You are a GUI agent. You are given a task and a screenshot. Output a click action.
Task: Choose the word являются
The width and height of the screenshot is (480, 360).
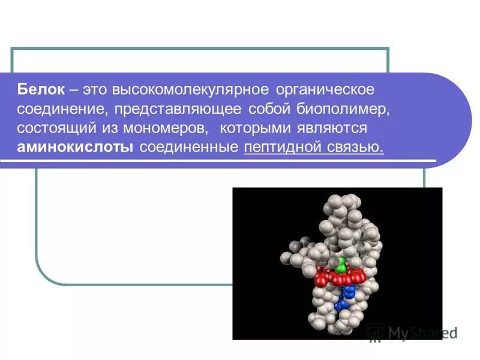tap(332, 128)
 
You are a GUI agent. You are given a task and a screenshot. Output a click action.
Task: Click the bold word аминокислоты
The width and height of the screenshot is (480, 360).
tap(76, 148)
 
